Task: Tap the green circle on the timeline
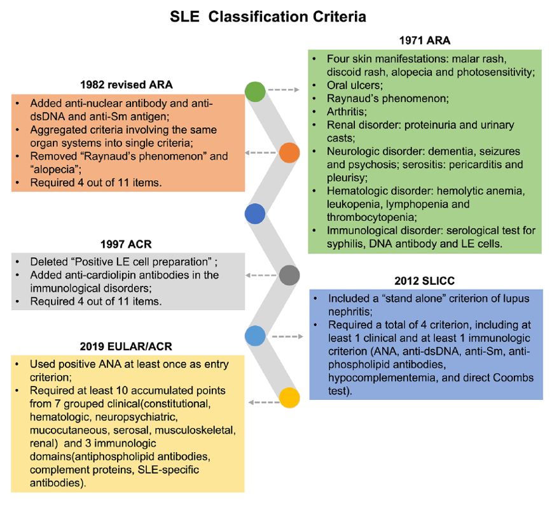[x=255, y=90]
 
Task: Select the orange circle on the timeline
[x=289, y=153]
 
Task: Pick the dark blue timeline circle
[x=255, y=214]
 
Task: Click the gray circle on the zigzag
[x=289, y=275]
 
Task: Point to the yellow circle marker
[x=289, y=398]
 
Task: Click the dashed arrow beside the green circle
[x=284, y=90]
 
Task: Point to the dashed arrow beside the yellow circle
[x=261, y=402]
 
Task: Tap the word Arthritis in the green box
[x=347, y=111]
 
